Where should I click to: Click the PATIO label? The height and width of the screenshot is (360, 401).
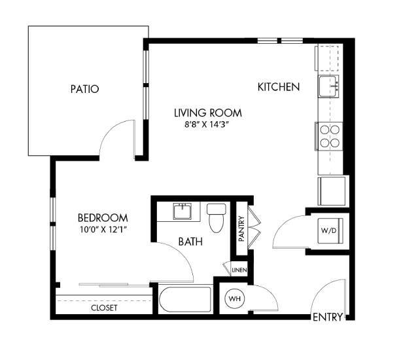tap(84, 89)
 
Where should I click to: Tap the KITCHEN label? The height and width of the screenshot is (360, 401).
tap(278, 86)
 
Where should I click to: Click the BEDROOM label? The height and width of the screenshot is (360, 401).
tap(102, 218)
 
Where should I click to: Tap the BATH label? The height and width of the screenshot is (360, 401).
tap(190, 242)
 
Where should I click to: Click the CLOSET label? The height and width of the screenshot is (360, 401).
tap(103, 308)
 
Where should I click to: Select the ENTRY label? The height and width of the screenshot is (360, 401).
tap(328, 317)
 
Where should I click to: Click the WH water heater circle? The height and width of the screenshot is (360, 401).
tap(234, 299)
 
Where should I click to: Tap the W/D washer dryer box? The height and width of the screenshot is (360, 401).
tap(328, 230)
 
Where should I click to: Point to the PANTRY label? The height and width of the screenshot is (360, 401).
tap(241, 229)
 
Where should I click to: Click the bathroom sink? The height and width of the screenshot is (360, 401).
tap(181, 212)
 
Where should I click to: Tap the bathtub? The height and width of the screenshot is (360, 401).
tap(186, 300)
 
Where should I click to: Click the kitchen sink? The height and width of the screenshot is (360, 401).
tap(328, 85)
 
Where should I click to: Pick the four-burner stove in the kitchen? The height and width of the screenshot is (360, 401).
tap(329, 135)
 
